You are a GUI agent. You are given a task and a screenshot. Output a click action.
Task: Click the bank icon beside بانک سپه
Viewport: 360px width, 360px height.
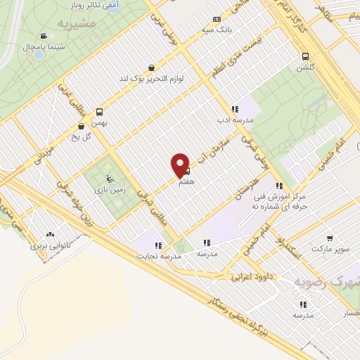tap(216, 20)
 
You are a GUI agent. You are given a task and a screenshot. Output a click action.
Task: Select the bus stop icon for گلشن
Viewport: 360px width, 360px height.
tap(305, 56)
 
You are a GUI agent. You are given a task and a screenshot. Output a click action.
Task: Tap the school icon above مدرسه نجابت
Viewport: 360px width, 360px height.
tap(158, 245)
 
